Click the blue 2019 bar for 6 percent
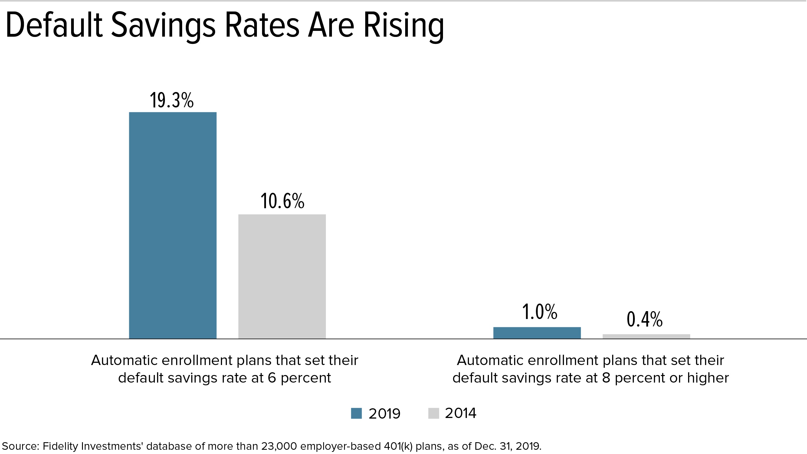[172, 225]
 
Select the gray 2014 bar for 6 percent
[282, 276]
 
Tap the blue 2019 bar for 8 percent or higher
[537, 333]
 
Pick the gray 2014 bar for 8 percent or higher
[646, 336]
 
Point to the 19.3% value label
[172, 100]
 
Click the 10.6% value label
[282, 201]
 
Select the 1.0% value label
[540, 312]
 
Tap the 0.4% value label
[645, 319]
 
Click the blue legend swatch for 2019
[356, 413]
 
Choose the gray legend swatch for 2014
[434, 413]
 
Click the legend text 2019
[384, 413]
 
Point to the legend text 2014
[461, 413]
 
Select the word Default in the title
[54, 25]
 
